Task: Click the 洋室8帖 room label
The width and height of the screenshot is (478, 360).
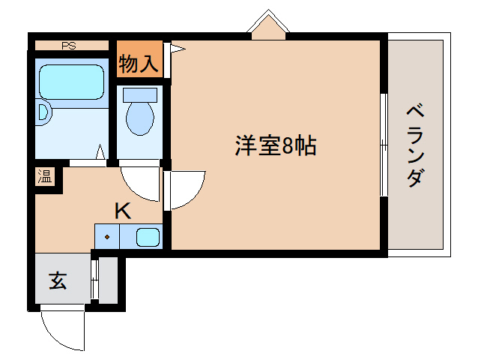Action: pyautogui.click(x=276, y=145)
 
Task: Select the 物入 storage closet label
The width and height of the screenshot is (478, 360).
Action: pyautogui.click(x=139, y=64)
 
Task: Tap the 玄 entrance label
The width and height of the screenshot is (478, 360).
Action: pyautogui.click(x=58, y=280)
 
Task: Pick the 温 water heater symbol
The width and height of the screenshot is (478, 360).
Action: pyautogui.click(x=46, y=177)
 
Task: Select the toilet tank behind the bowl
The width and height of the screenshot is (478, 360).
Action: pyautogui.click(x=139, y=94)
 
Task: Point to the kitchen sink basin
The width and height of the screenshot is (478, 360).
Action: pyautogui.click(x=148, y=238)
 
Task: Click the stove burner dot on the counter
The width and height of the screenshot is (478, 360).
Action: pyautogui.click(x=108, y=237)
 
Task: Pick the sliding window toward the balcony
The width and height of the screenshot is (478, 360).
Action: pyautogui.click(x=383, y=145)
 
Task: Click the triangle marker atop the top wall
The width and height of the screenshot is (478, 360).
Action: pyautogui.click(x=268, y=24)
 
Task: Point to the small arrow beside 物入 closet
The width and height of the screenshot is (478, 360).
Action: pyautogui.click(x=178, y=50)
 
